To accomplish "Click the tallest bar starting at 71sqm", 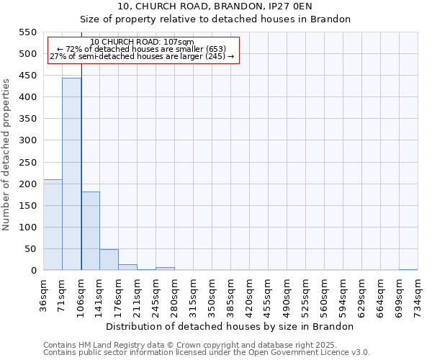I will click(x=71, y=174).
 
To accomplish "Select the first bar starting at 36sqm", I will click(x=53, y=225).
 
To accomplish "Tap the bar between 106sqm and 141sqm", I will click(x=90, y=230).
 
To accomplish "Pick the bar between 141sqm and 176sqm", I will click(x=109, y=260).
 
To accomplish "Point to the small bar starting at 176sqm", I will click(x=127, y=267).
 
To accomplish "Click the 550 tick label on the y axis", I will click(x=27, y=32).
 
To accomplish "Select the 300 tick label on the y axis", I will click(x=27, y=140).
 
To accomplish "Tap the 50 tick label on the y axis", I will click(x=30, y=249).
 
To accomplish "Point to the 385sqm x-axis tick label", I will click(x=231, y=294).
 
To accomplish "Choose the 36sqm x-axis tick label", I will click(x=44, y=294).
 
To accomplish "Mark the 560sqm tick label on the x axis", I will click(x=325, y=294).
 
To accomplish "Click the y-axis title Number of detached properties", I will click(x=7, y=155).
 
